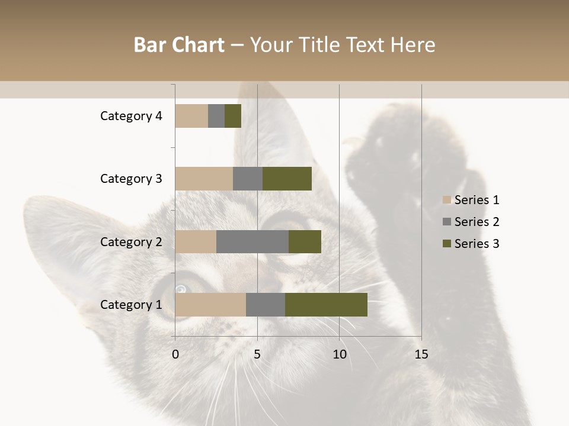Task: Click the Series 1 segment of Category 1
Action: [210, 305]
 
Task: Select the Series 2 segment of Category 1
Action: [266, 305]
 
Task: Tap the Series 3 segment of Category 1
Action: [326, 305]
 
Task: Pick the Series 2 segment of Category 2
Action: [252, 241]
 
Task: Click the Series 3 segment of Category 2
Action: [305, 241]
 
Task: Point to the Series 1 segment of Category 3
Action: [204, 179]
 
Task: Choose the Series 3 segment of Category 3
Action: [287, 179]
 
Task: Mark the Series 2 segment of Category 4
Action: [216, 116]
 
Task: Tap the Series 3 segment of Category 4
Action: [233, 116]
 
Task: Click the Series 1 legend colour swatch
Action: [447, 200]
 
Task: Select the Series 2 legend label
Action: [477, 222]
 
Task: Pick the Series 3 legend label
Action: [477, 244]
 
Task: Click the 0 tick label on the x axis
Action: [175, 354]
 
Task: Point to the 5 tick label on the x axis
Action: [257, 354]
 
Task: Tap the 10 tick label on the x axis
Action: [339, 354]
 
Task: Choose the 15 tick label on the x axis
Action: [421, 354]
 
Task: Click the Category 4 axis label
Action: [131, 116]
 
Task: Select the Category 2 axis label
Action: [131, 241]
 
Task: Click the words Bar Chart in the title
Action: [179, 45]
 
